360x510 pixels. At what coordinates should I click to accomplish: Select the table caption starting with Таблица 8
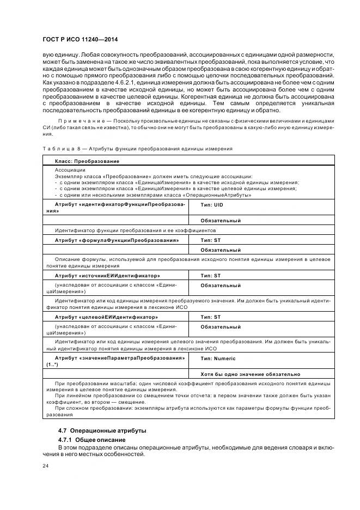pyautogui.click(x=137, y=148)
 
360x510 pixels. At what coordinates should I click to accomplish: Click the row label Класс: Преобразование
pyautogui.click(x=87, y=161)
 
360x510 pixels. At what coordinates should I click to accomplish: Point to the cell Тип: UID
pyautogui.click(x=212, y=204)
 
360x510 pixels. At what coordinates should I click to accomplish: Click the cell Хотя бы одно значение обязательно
pyautogui.click(x=250, y=374)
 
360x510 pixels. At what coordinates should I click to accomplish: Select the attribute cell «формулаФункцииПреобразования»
pyautogui.click(x=117, y=240)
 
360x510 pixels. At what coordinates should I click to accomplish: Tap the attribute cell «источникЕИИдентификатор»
pyautogui.click(x=107, y=276)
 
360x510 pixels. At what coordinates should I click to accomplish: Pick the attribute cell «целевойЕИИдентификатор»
pyautogui.click(x=106, y=317)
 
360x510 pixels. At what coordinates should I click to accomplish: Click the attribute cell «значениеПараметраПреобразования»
pyautogui.click(x=120, y=357)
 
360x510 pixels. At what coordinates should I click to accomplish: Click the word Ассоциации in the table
pyautogui.click(x=70, y=170)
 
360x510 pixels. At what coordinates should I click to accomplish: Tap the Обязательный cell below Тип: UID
pyautogui.click(x=221, y=221)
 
